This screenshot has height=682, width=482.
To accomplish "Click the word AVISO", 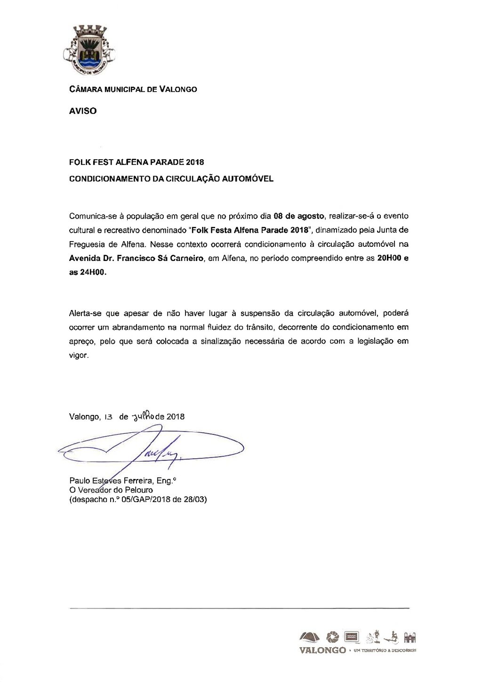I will [83, 112].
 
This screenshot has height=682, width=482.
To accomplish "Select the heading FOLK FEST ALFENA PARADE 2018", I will [137, 162].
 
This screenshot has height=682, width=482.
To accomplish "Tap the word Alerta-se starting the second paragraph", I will [85, 313].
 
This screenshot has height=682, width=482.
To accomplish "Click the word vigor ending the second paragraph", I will [79, 356].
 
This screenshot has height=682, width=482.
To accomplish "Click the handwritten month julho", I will [141, 416].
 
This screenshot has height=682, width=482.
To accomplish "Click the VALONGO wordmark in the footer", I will [322, 650].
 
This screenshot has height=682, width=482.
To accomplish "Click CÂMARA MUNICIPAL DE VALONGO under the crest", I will [133, 89].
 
